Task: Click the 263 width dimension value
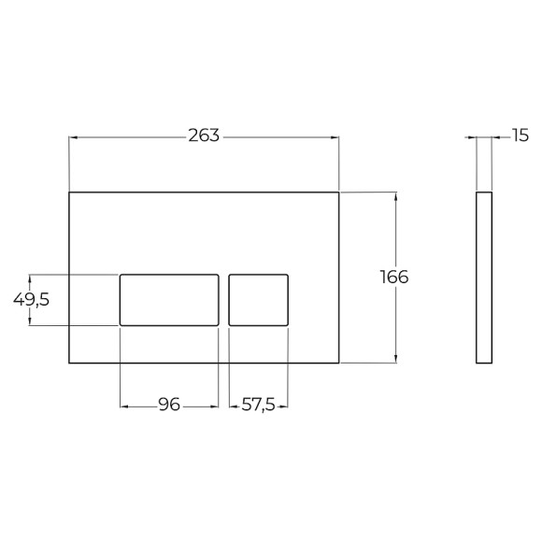click(204, 136)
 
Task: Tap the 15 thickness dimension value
click(520, 136)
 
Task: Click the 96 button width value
click(168, 405)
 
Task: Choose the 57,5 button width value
click(259, 405)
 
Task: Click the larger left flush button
click(169, 299)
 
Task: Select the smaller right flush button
click(259, 299)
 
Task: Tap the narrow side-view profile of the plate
click(484, 277)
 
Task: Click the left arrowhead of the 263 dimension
click(73, 136)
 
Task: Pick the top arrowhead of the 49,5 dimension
click(31, 278)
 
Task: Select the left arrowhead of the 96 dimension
click(123, 406)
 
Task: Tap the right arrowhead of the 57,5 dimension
click(285, 406)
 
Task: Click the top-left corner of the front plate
click(70, 193)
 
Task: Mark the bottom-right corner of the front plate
click(339, 362)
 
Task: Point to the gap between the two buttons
click(224, 299)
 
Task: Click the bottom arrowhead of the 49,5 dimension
click(31, 321)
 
